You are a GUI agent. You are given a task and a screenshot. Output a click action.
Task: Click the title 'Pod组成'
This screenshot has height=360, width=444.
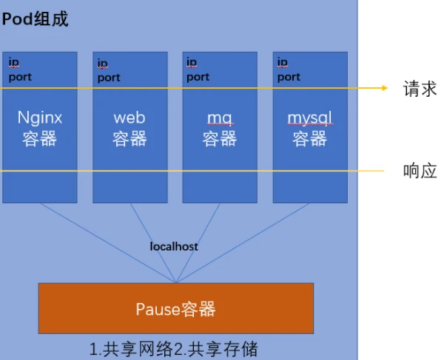click(35, 19)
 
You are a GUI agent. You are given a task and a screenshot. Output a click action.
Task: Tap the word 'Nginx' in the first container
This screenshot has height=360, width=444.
click(40, 118)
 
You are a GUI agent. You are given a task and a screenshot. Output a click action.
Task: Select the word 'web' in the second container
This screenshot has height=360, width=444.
click(129, 118)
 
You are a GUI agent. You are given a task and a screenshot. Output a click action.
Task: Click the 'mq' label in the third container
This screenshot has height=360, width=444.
click(220, 119)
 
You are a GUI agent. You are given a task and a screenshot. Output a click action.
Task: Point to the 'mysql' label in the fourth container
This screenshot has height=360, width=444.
click(310, 118)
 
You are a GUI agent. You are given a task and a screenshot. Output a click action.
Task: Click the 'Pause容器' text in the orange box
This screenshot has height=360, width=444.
click(175, 309)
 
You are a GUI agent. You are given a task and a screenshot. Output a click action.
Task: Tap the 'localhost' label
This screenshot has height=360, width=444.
click(174, 247)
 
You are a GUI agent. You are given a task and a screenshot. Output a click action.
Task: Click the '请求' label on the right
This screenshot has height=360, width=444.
click(420, 89)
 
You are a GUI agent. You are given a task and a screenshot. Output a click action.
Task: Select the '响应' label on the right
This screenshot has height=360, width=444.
click(420, 171)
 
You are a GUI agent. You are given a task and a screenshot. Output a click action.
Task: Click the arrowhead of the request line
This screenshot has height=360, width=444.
click(385, 88)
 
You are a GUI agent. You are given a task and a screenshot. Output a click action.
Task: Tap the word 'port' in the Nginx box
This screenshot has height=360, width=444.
click(20, 77)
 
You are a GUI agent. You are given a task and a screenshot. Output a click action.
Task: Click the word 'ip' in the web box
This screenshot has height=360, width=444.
click(103, 64)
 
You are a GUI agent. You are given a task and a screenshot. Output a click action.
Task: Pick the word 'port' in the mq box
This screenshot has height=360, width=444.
click(198, 77)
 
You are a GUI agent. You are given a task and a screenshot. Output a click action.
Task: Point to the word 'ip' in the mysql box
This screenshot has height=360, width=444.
click(283, 62)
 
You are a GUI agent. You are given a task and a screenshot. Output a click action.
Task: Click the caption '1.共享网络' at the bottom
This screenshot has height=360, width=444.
click(132, 349)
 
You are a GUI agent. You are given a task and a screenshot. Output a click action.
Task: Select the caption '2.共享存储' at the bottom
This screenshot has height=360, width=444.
click(216, 349)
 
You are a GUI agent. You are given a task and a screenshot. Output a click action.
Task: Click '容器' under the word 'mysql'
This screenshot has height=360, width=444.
click(310, 139)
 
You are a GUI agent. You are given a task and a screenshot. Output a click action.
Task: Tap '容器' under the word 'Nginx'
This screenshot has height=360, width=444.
click(40, 139)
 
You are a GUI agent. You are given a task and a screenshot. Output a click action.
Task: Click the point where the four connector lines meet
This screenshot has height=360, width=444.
click(176, 282)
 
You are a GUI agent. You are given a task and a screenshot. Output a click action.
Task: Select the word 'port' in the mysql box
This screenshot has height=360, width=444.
click(289, 77)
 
